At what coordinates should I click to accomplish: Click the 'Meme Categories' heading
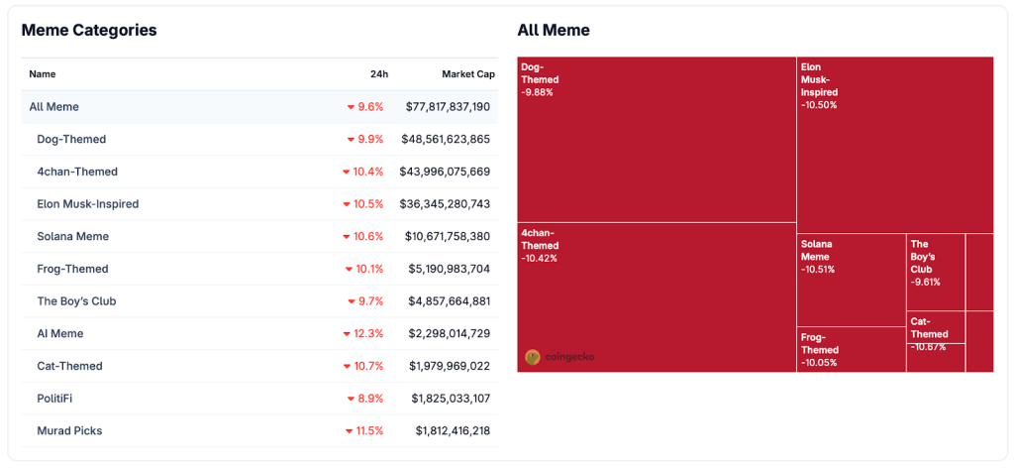pos(89,30)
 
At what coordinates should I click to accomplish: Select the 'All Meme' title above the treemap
pos(554,30)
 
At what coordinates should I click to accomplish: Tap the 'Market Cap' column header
pos(467,74)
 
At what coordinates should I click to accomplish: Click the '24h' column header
pos(378,74)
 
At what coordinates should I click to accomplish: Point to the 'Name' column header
pos(43,74)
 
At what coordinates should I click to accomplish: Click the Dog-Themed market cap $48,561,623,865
pos(446,140)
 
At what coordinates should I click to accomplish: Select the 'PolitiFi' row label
pos(54,399)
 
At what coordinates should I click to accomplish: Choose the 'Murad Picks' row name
pos(69,431)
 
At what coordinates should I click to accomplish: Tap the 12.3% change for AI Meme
pos(368,334)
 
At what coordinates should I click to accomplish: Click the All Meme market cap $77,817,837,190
pos(448,107)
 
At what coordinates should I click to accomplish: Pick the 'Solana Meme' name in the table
pos(72,237)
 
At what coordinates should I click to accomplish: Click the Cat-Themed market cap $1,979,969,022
pos(449,367)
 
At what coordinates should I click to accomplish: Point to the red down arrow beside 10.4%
pos(347,173)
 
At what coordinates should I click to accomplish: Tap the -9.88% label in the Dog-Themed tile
pos(537,92)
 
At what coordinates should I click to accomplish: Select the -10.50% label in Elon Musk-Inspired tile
pos(819,105)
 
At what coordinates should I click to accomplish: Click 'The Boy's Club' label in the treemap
pos(921,257)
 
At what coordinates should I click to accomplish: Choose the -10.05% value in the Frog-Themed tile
pos(819,363)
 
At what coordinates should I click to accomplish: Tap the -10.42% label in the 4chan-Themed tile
pos(539,259)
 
